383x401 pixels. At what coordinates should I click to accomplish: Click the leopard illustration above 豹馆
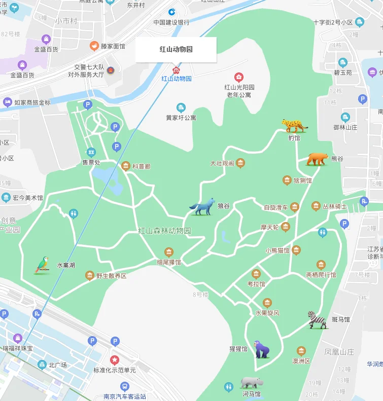tap(295, 125)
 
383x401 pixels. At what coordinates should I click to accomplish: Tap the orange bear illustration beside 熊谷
tap(317, 159)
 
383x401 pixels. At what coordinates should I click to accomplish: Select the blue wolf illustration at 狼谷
tap(202, 207)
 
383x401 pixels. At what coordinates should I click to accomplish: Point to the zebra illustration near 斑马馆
tap(318, 320)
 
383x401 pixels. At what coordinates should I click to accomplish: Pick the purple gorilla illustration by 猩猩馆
tap(262, 349)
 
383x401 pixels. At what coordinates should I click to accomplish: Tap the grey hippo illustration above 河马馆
tap(252, 382)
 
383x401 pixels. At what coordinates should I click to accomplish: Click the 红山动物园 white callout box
tap(176, 50)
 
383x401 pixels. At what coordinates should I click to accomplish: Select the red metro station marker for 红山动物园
tap(176, 70)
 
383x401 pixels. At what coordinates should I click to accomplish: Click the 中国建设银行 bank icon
tap(172, 12)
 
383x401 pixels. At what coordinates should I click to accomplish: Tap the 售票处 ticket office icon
tap(91, 152)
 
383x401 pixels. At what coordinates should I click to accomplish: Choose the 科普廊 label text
tap(142, 166)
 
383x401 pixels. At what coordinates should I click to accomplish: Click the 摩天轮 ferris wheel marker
tap(286, 227)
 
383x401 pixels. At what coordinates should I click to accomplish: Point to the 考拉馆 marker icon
tap(256, 274)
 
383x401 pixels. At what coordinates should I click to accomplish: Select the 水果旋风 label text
tap(267, 313)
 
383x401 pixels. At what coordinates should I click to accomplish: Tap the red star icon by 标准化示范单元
tap(115, 360)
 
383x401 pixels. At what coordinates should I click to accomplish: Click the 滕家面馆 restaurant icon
tap(94, 46)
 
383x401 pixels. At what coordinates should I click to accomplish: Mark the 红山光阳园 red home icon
tap(239, 77)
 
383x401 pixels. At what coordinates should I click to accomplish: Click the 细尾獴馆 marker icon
tap(169, 252)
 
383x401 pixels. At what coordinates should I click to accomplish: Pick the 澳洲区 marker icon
tap(301, 351)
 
